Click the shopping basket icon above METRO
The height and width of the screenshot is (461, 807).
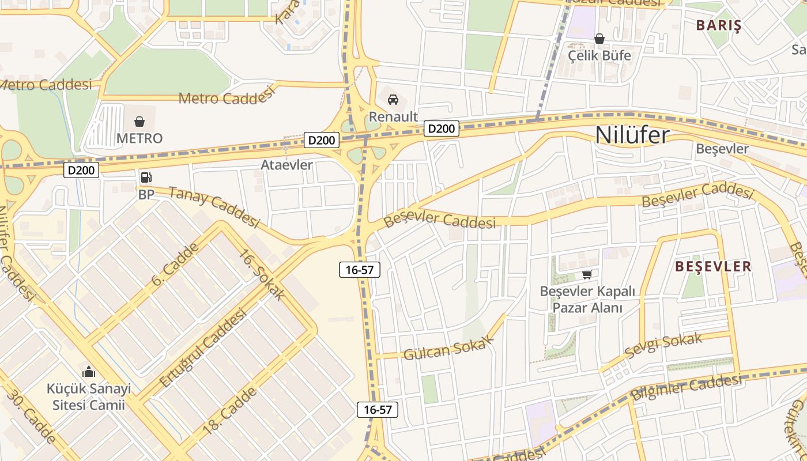139,122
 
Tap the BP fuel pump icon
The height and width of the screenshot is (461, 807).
146,177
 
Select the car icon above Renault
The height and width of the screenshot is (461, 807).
393,100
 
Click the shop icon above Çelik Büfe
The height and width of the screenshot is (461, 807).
599,39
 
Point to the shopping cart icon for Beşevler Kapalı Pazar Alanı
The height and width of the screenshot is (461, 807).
587,274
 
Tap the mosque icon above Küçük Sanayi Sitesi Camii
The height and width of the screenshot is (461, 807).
88,372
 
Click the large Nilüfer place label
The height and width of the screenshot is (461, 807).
632,135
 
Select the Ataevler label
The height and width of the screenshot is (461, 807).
286,165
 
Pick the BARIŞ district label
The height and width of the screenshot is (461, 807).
718,25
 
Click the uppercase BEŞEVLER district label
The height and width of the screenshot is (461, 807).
713,266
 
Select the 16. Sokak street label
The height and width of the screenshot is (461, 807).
262,275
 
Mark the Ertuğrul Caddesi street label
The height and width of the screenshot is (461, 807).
202,348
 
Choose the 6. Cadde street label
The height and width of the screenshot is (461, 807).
175,264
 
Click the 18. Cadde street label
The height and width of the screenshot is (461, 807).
229,410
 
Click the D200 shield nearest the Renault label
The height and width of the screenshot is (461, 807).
442,129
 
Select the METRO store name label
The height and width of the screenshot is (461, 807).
139,138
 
